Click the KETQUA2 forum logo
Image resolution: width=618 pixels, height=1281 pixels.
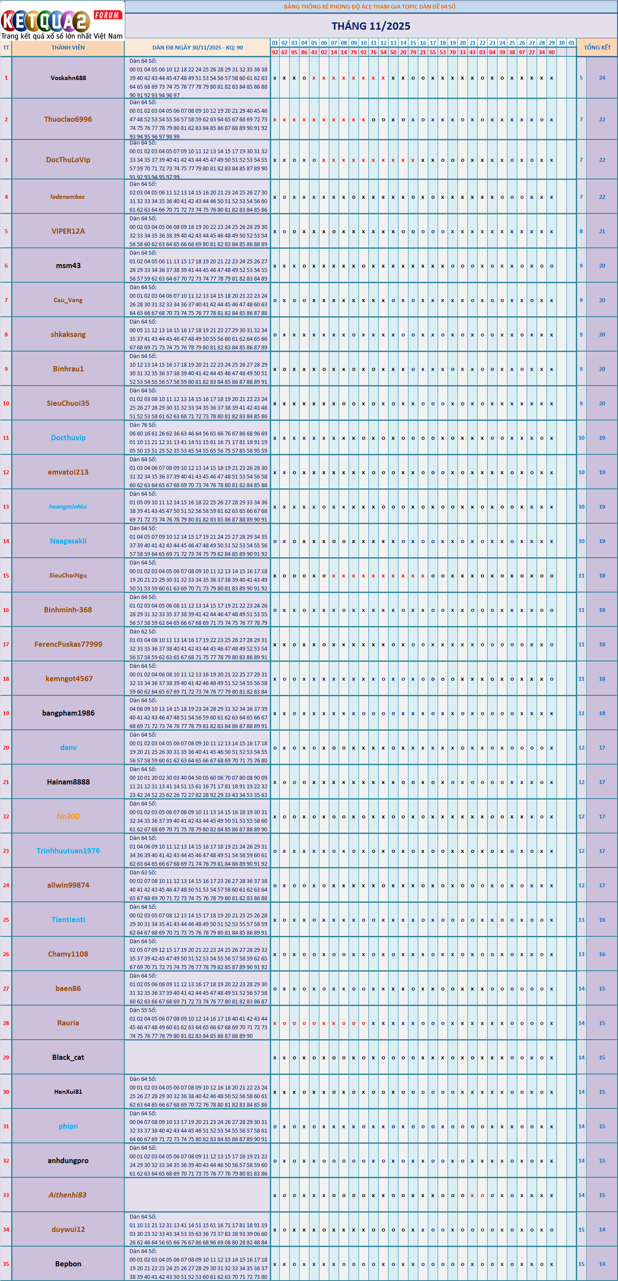click(x=62, y=21)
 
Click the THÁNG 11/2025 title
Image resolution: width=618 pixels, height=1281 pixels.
click(x=371, y=26)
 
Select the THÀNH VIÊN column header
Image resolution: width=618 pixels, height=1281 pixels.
click(x=68, y=48)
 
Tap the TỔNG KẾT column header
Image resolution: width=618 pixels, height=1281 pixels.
click(x=596, y=48)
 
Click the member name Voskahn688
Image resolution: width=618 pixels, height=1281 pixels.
click(x=68, y=78)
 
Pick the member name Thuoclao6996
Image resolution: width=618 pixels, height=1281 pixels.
click(x=68, y=119)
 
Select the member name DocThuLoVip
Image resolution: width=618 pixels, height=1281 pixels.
click(x=68, y=160)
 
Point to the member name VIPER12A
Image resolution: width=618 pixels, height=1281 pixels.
click(x=68, y=231)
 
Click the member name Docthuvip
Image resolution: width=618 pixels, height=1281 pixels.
click(x=68, y=438)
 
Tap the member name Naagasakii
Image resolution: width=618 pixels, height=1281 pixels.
click(x=68, y=541)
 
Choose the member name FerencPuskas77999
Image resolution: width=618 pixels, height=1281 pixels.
click(x=68, y=644)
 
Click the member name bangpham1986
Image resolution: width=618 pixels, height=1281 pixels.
click(x=68, y=713)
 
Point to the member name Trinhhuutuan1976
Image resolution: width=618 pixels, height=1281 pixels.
click(x=68, y=851)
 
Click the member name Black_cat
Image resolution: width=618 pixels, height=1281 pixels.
click(x=68, y=1057)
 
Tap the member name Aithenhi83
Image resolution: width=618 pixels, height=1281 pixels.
click(x=68, y=1195)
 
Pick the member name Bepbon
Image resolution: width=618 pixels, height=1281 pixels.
click(x=68, y=1264)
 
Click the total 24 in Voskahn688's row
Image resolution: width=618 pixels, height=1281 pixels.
click(x=602, y=77)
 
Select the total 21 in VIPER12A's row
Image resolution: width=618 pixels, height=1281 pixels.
click(x=602, y=231)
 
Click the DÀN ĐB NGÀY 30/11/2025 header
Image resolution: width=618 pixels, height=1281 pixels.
click(x=198, y=48)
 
